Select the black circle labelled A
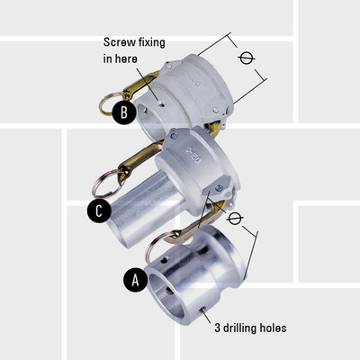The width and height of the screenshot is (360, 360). click(x=135, y=280)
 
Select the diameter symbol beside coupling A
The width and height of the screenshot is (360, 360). click(x=236, y=219)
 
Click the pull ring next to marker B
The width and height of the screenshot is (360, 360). click(x=112, y=96)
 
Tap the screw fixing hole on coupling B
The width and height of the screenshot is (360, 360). click(x=161, y=103)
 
